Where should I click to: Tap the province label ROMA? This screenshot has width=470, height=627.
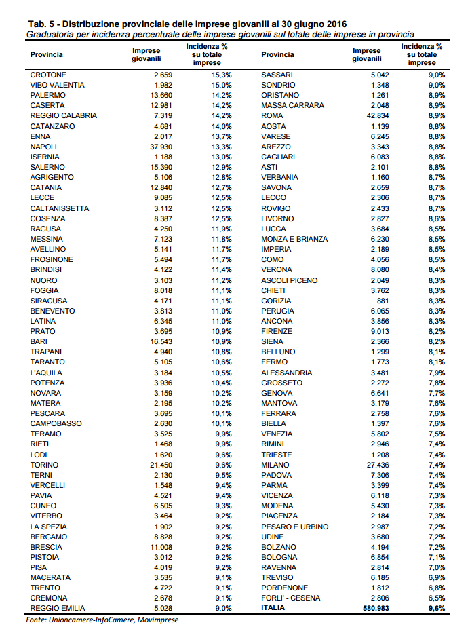click(x=273, y=116)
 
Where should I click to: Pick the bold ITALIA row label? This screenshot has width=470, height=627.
click(x=274, y=608)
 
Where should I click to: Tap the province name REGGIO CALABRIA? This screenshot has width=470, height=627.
click(x=64, y=116)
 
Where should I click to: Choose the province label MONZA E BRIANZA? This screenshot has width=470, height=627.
click(x=294, y=239)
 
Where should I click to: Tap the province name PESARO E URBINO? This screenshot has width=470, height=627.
click(x=294, y=527)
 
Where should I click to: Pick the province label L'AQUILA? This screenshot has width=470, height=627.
click(x=46, y=373)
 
